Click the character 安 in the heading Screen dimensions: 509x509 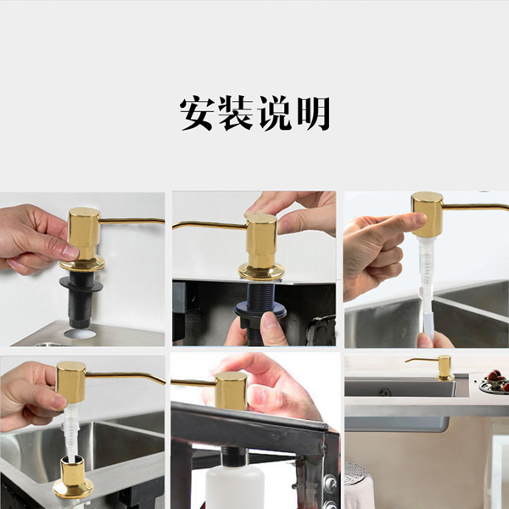(197, 113)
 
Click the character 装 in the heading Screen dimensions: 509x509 (235, 113)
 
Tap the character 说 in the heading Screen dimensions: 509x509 (275, 113)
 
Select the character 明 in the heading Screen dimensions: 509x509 (313, 113)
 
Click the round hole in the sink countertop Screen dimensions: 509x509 (80, 333)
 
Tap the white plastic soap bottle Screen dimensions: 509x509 (235, 486)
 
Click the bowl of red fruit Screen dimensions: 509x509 (495, 383)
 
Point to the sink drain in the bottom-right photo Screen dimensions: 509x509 (384, 392)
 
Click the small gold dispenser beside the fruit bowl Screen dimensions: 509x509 (444, 368)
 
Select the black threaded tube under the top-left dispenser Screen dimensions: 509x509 (81, 299)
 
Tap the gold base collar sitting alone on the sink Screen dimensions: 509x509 (73, 477)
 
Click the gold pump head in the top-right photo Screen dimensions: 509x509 (428, 215)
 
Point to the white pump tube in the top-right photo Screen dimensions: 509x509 (427, 286)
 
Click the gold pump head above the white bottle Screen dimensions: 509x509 (231, 390)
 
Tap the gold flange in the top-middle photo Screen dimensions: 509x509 (261, 272)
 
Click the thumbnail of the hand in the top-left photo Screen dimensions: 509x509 (70, 252)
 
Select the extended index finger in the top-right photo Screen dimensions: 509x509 (390, 223)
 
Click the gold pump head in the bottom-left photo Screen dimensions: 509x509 (70, 382)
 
